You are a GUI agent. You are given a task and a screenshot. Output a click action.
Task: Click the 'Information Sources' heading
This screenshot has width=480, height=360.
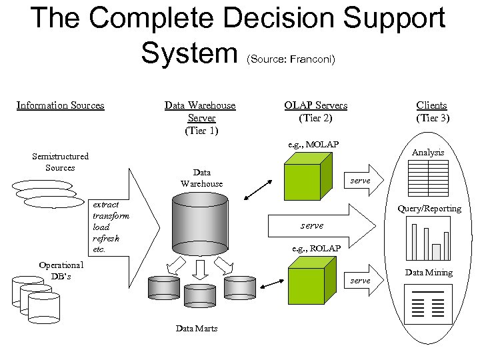(x=60, y=105)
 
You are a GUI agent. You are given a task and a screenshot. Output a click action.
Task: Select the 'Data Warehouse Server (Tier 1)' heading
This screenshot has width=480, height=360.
(x=201, y=118)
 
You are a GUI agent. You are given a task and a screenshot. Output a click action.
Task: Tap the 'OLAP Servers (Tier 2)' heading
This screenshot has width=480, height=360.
(x=315, y=112)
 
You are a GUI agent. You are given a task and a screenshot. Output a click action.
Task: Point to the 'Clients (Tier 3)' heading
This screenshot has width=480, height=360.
(x=432, y=112)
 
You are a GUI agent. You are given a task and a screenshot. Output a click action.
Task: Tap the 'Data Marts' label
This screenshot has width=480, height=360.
(x=196, y=329)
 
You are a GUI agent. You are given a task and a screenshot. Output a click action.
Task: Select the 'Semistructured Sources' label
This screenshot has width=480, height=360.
(x=60, y=162)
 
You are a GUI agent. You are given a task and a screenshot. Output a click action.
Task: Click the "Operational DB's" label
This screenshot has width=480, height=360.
(x=61, y=271)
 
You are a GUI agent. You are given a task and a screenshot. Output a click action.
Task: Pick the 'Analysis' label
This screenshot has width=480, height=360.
(x=427, y=153)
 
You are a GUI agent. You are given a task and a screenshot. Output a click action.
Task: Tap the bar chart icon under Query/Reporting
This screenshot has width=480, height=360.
(x=427, y=241)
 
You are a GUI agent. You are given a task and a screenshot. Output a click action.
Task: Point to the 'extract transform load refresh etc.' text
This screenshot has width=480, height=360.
(x=110, y=227)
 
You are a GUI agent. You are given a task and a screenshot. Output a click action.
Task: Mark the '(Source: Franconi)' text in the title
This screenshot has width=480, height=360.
(x=291, y=59)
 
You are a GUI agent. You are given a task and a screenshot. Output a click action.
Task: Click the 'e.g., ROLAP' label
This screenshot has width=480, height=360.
(x=317, y=249)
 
